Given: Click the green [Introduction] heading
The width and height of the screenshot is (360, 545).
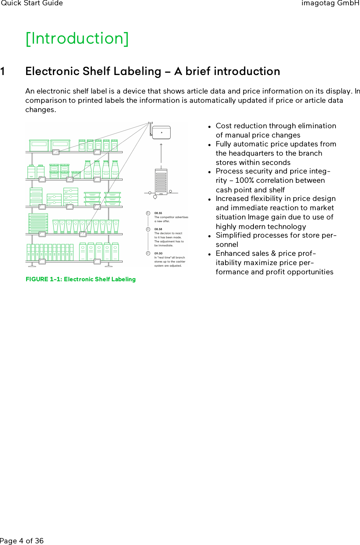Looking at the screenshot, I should coord(77,39).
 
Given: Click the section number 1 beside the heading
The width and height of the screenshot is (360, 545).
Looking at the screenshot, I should coord(3,71).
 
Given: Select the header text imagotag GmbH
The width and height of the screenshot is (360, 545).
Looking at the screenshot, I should coord(330,3).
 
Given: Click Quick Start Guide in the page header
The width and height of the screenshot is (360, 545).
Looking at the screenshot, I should coord(32,3).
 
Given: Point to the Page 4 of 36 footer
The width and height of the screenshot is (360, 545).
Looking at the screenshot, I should coord(22,541).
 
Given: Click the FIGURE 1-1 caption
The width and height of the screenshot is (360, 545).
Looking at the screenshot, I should coord(81,279).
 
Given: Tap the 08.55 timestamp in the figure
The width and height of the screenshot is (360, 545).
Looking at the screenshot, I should coord(158,213).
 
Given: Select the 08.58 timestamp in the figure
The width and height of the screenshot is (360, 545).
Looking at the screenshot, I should coord(158,229).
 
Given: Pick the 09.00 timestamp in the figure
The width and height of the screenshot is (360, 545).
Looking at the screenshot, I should coord(158,253).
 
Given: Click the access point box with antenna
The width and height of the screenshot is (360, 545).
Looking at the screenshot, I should coord(161,133).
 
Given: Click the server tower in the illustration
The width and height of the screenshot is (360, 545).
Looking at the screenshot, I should coord(161,181).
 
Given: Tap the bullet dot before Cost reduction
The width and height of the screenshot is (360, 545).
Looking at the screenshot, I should coord(210,127).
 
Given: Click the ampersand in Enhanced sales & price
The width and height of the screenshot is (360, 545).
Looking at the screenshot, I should coord(273,253).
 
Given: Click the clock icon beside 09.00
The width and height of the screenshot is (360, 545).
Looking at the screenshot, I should coord(148,253).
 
